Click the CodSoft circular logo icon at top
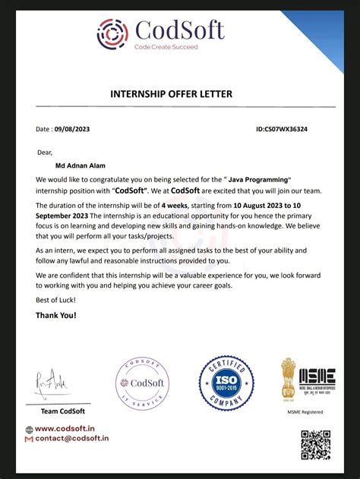click(113, 33)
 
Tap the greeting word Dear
click(46, 153)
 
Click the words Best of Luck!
click(56, 301)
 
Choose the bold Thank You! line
click(56, 315)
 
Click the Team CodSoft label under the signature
click(62, 411)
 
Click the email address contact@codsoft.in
click(72, 439)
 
